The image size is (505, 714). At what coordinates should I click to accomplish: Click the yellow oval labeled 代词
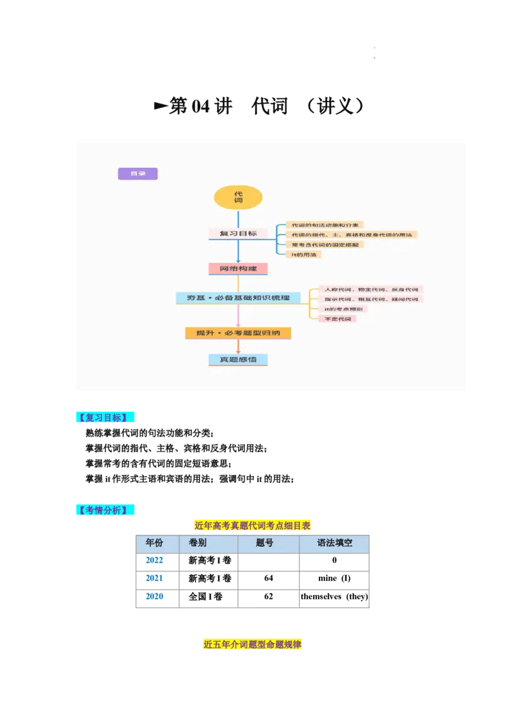[x=238, y=197]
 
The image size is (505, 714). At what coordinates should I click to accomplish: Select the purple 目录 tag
[x=138, y=173]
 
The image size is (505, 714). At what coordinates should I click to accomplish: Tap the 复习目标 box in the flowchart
[x=238, y=233]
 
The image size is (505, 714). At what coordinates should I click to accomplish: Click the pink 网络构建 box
[x=238, y=269]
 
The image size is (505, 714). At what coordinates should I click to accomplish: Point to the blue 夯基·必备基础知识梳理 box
[x=238, y=298]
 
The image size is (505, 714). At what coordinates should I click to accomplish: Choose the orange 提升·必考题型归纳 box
[x=238, y=332]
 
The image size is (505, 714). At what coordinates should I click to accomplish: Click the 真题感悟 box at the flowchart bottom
[x=238, y=360]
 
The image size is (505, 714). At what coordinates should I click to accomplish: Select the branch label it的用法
[x=304, y=254]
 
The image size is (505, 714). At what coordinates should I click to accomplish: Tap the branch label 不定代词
[x=337, y=319]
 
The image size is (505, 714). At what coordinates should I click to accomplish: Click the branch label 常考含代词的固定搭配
[x=324, y=244]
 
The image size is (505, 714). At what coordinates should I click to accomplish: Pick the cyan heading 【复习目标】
[x=105, y=418]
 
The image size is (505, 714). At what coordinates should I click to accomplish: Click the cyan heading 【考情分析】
[x=105, y=510]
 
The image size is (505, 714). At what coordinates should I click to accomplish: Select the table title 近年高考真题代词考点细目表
[x=252, y=525]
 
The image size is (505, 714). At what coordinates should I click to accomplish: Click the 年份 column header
[x=154, y=543]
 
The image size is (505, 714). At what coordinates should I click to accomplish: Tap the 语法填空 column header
[x=334, y=543]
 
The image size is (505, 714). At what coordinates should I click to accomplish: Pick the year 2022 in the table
[x=154, y=560]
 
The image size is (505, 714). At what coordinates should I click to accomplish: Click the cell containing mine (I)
[x=334, y=578]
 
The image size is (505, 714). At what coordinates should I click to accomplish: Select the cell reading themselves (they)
[x=334, y=596]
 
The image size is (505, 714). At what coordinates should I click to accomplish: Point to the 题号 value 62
[x=268, y=596]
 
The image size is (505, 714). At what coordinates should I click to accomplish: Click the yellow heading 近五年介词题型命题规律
[x=252, y=644]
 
